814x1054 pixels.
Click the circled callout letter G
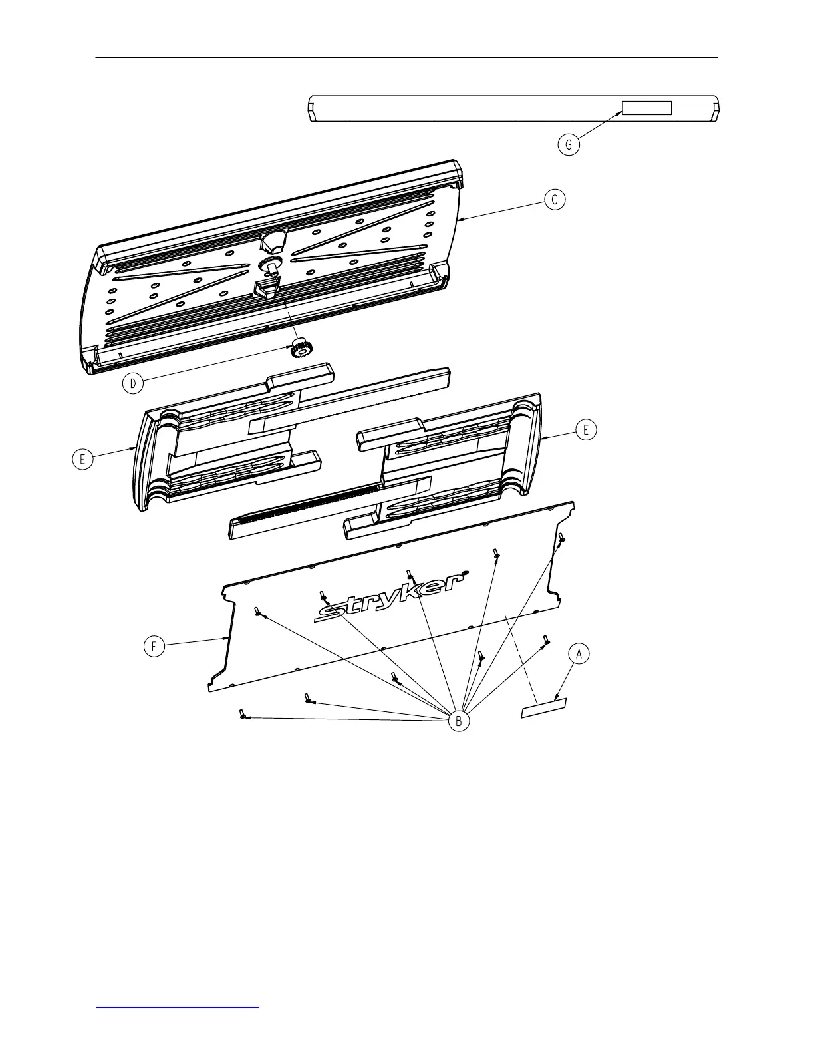569,144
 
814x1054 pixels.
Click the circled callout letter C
555,199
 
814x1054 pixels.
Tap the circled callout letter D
133,383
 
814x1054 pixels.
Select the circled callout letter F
154,647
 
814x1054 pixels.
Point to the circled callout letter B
458,721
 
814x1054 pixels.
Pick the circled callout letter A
579,654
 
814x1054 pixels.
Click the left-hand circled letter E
82,459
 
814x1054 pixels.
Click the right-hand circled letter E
586,430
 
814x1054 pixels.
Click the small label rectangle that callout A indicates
543,708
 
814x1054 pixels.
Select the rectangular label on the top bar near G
646,108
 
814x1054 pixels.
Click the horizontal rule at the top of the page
406,57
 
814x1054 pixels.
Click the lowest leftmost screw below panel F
241,714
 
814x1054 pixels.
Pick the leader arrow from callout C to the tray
505,209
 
